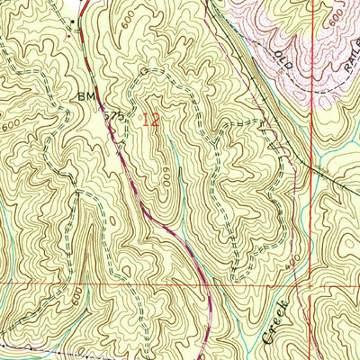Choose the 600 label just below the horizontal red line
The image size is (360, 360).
[79, 296]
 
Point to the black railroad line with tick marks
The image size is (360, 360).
[243, 72]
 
